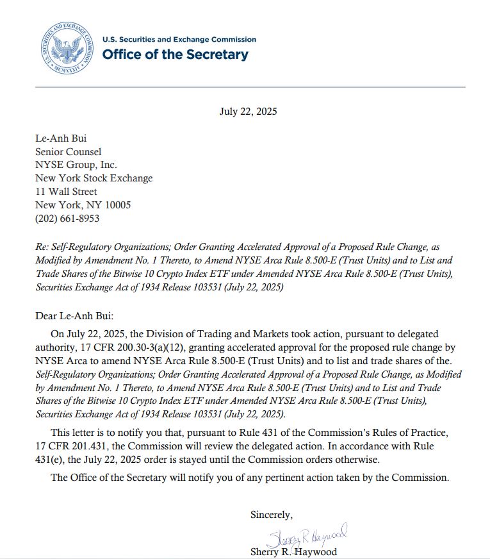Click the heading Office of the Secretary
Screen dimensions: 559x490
point(175,54)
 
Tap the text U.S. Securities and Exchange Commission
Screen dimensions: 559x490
point(179,40)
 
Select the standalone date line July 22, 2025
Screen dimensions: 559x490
point(248,111)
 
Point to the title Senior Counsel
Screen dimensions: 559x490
point(68,152)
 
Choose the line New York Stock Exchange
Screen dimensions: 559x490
point(94,178)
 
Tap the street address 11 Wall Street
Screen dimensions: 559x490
point(66,192)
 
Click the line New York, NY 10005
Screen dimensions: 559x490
point(83,205)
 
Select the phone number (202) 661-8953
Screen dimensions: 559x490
point(67,219)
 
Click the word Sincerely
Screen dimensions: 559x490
point(271,514)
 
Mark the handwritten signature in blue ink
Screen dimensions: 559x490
point(307,533)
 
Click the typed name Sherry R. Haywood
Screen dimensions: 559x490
point(293,551)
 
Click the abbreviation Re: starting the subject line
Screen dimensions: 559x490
point(42,247)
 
